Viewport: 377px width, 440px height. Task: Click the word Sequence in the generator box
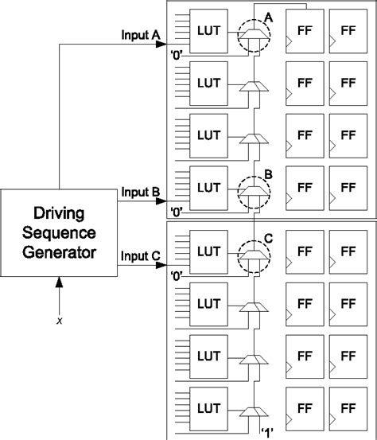click(59, 234)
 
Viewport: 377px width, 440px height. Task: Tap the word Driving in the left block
click(59, 214)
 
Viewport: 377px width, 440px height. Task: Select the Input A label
click(141, 36)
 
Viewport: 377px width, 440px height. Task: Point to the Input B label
click(141, 193)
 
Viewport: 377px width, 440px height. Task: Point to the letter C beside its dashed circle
click(268, 236)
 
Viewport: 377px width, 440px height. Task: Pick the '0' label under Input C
click(177, 276)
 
